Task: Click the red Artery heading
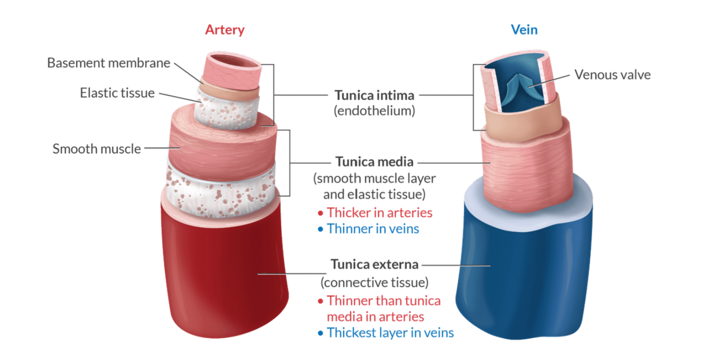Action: (225, 29)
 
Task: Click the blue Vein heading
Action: (524, 29)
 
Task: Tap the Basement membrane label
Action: (109, 63)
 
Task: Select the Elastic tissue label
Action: (117, 93)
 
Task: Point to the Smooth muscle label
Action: (96, 149)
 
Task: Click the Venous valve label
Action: (612, 75)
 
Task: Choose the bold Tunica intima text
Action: (374, 95)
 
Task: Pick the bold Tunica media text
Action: (374, 161)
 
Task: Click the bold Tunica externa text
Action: (374, 264)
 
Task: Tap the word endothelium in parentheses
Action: (374, 112)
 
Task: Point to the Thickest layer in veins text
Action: (390, 333)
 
